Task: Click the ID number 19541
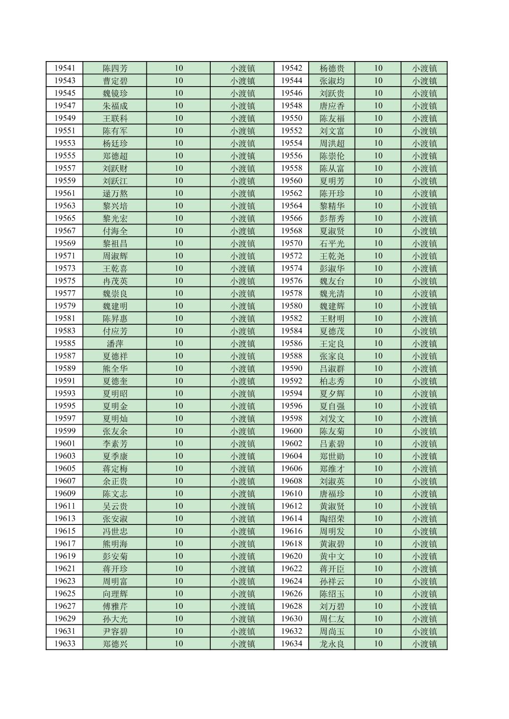click(64, 68)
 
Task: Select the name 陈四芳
click(115, 68)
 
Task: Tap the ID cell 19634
click(291, 644)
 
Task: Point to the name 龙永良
click(332, 644)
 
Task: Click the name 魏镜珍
click(115, 93)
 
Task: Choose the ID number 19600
click(291, 431)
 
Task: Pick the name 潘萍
click(115, 344)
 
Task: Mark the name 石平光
click(332, 243)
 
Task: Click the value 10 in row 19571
click(179, 256)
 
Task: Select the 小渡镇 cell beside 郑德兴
click(242, 644)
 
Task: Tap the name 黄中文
click(332, 556)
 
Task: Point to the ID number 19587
click(64, 356)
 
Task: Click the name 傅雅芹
click(115, 606)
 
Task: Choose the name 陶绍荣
click(332, 519)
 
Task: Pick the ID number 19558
click(291, 169)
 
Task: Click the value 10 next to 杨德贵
click(378, 68)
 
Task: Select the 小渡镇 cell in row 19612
click(424, 506)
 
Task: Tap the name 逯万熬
click(115, 194)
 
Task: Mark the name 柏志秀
click(332, 381)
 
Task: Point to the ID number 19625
click(64, 594)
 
